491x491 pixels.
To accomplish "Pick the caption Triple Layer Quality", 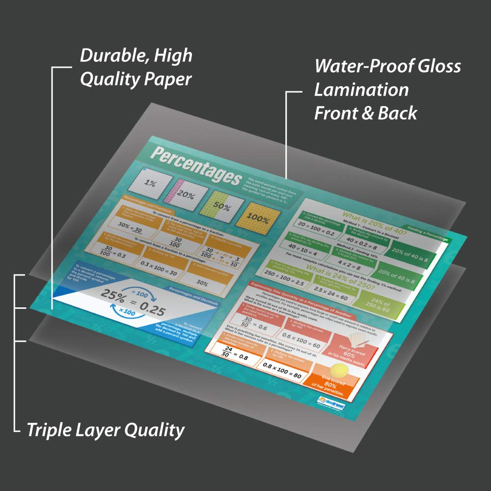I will click(106, 431).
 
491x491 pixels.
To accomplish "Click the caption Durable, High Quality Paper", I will click(136, 67).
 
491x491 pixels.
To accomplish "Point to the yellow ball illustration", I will click(337, 371).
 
